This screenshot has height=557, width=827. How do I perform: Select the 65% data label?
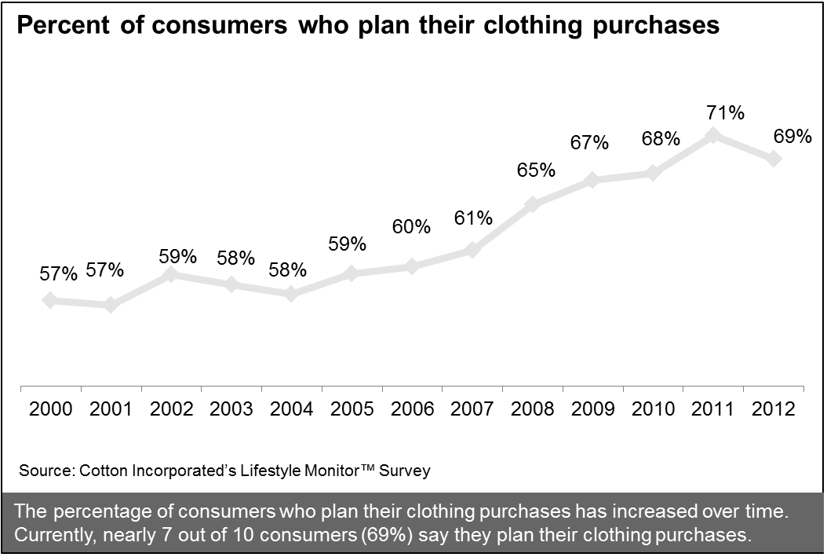coord(536,170)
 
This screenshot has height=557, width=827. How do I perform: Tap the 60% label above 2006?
coord(410,227)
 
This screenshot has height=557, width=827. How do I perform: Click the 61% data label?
coord(472,218)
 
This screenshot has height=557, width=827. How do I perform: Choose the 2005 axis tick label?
coord(351,409)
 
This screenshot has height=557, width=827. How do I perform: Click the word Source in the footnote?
coord(45,471)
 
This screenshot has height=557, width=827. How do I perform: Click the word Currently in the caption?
coord(53,537)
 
